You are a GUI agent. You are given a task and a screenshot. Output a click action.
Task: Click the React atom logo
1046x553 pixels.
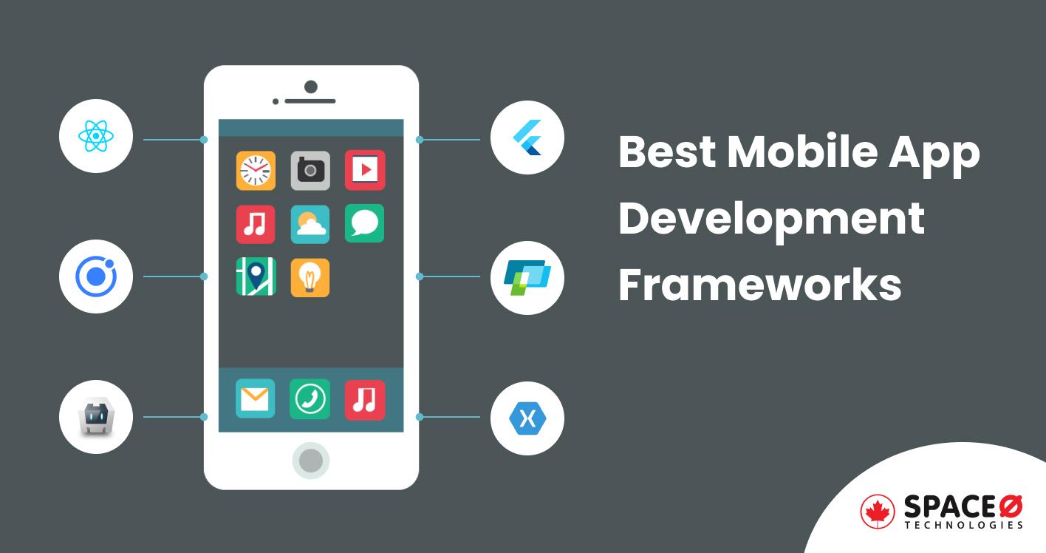[x=96, y=137]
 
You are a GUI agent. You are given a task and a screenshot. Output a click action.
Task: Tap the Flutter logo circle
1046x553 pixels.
[x=527, y=138]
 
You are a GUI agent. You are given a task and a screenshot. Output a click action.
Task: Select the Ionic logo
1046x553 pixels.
[x=96, y=276]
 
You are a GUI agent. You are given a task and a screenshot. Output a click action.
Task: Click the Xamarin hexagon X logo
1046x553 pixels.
[x=527, y=418]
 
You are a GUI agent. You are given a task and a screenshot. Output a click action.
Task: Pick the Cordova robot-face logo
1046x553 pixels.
[x=96, y=417]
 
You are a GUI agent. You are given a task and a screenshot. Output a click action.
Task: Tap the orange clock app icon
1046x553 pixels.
[x=256, y=171]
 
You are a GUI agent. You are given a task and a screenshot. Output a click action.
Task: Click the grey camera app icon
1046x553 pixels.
[x=310, y=171]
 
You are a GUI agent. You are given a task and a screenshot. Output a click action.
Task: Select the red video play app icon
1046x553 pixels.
[x=364, y=171]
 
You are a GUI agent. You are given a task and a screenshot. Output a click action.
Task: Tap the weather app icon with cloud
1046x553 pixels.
[x=310, y=224]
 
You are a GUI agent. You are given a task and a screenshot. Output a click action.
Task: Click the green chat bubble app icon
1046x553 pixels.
[x=364, y=224]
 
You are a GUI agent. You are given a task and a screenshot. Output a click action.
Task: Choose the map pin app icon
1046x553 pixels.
[x=256, y=277]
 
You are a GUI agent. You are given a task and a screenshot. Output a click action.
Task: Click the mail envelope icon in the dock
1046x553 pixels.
[x=256, y=399]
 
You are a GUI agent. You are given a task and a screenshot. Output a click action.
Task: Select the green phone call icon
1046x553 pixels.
[x=310, y=399]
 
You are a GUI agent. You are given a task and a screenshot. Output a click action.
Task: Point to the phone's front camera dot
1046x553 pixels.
[x=311, y=87]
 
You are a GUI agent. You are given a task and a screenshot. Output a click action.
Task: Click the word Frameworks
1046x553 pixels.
[x=759, y=285]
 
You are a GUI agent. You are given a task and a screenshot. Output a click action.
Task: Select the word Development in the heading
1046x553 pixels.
[x=771, y=218]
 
